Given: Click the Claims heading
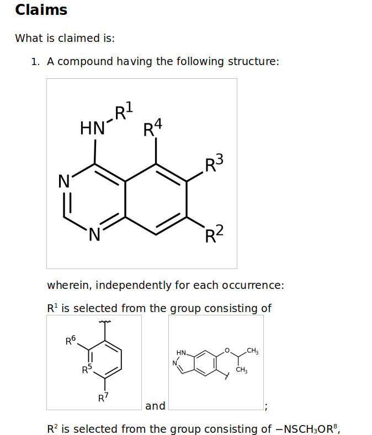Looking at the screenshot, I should point(41,10).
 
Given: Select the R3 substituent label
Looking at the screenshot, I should point(214,164).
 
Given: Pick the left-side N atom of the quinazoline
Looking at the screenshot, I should point(64,181).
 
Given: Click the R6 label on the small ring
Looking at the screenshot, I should point(71,341).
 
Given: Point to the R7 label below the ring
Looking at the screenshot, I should point(103,397).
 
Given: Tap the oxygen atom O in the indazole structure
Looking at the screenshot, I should point(226,351).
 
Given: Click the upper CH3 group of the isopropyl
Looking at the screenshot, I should point(252,351).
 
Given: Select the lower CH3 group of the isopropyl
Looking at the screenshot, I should point(241,370).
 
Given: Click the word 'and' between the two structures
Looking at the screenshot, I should point(155,406).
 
